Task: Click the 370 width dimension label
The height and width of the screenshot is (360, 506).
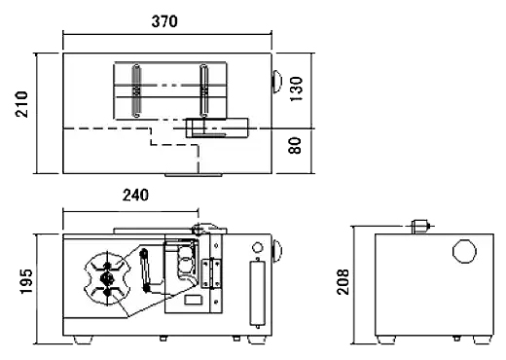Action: (x=164, y=21)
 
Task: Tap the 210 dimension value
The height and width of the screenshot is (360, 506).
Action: (x=22, y=104)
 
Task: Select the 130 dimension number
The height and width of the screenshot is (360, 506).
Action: (x=296, y=89)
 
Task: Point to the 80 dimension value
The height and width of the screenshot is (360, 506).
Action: (x=295, y=146)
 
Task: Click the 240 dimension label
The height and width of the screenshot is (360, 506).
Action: (x=135, y=196)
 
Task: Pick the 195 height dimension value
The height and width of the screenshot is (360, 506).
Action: (x=26, y=281)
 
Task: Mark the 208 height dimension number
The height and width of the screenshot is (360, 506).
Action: (x=343, y=282)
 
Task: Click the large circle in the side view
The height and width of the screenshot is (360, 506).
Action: (x=464, y=251)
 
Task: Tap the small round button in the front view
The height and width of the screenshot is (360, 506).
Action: (x=257, y=247)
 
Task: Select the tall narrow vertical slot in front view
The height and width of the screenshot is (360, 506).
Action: (x=258, y=293)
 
